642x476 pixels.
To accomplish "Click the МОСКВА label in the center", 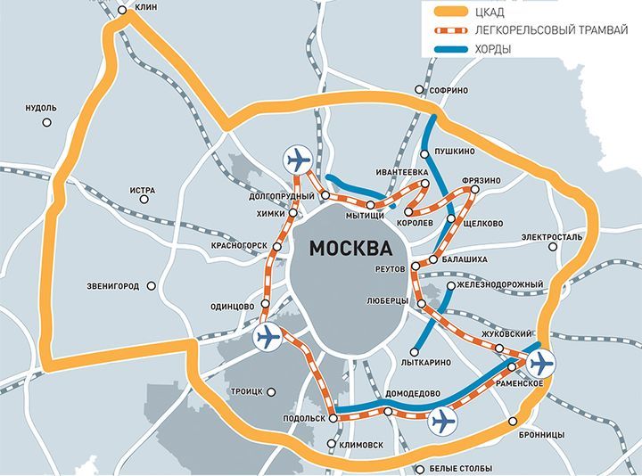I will click(x=350, y=248).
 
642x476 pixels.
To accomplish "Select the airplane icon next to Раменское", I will click(x=539, y=364).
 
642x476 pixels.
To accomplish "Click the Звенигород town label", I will click(x=113, y=286).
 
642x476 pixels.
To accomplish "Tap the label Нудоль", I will click(x=41, y=108).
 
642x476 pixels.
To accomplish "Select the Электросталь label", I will click(x=552, y=237).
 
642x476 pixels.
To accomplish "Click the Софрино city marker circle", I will click(x=420, y=91).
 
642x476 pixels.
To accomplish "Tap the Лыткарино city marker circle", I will click(x=416, y=350).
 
